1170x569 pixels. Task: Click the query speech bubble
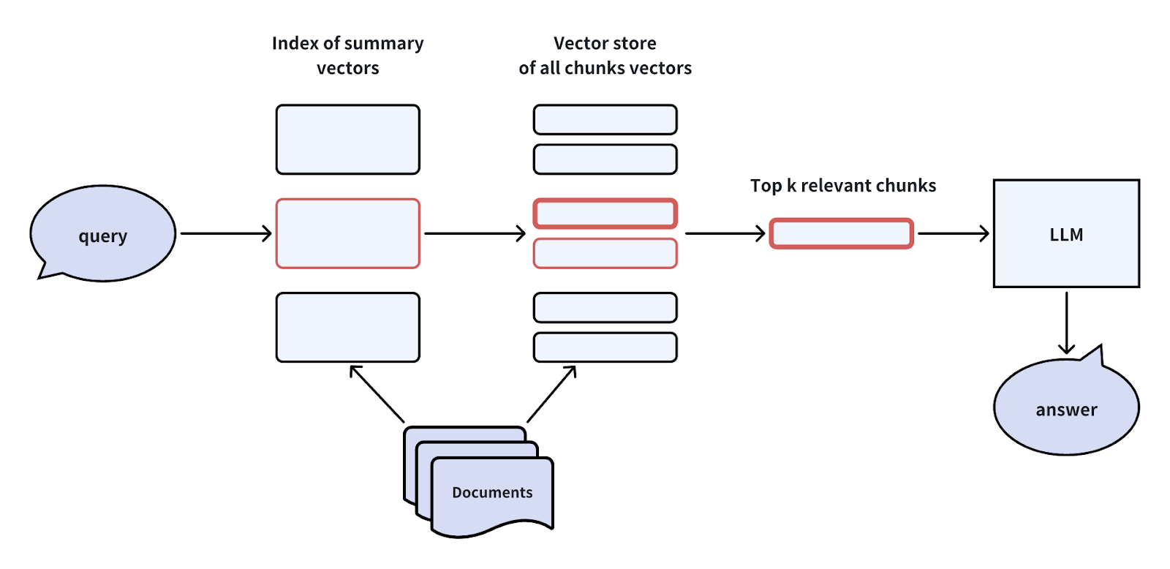tap(102, 234)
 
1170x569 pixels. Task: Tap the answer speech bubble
tap(1066, 408)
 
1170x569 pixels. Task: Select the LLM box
tap(1066, 234)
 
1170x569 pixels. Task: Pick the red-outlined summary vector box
tap(348, 234)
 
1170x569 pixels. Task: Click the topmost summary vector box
tap(348, 140)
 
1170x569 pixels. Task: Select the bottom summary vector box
tap(348, 328)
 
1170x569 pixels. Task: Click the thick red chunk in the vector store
tap(605, 214)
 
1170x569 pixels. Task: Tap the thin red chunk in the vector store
tap(605, 254)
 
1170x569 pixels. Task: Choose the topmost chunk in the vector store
tap(605, 120)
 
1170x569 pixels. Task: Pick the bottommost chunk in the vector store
tap(605, 347)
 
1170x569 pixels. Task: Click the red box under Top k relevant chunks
tap(841, 234)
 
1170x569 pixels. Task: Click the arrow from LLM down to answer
tap(1066, 322)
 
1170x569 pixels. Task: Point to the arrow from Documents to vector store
tap(551, 394)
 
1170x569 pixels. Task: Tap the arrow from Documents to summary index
tap(377, 394)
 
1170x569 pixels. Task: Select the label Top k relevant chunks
tap(843, 186)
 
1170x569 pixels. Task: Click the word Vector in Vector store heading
tap(577, 43)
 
